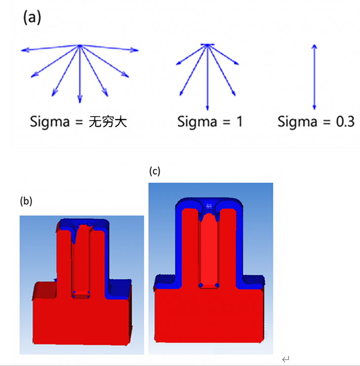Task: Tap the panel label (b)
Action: (x=26, y=201)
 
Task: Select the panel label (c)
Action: (x=155, y=171)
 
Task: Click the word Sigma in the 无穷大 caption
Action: (x=49, y=121)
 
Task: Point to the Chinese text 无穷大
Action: (x=108, y=121)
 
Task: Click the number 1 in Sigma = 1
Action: (x=239, y=121)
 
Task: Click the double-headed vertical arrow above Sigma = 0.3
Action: (x=314, y=76)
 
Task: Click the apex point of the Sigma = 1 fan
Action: (x=208, y=45)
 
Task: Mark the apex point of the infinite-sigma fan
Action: (x=79, y=46)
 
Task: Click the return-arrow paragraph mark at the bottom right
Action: (x=286, y=359)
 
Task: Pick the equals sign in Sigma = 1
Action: (x=222, y=122)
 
